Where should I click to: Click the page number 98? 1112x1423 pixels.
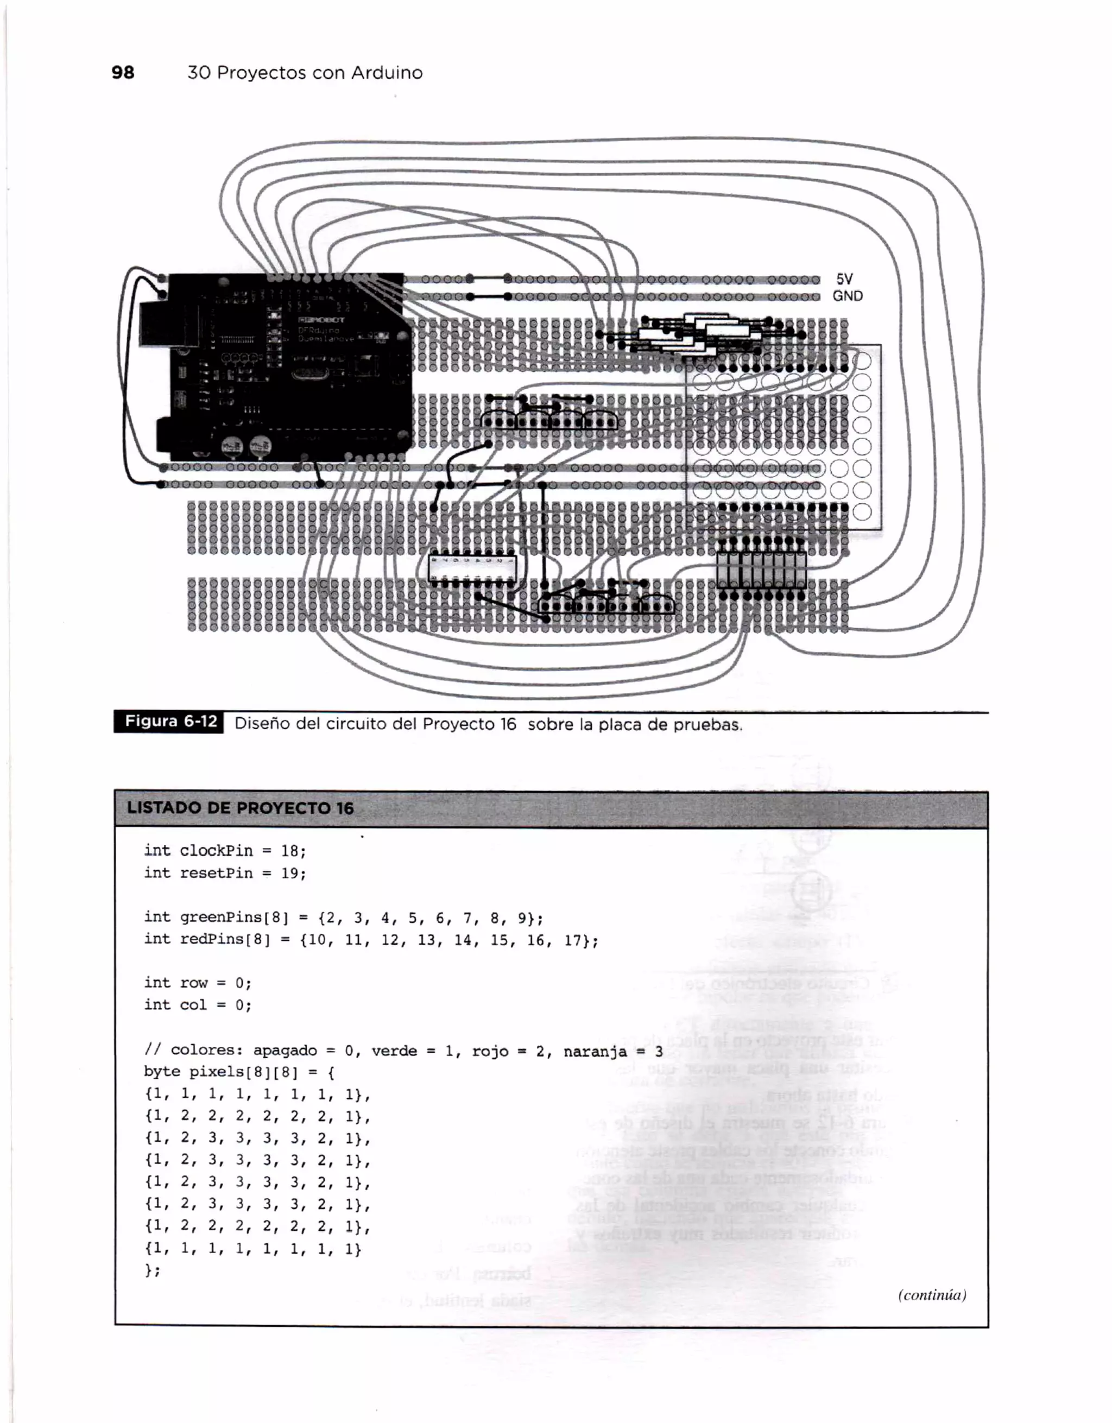point(123,72)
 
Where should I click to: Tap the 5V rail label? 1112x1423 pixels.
point(844,279)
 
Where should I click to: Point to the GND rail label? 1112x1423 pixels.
point(847,296)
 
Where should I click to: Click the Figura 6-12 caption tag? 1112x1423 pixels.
point(169,722)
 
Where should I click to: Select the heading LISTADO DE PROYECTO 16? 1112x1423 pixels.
point(240,808)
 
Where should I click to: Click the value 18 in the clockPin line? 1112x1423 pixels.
point(290,851)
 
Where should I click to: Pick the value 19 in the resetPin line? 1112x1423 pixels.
point(290,873)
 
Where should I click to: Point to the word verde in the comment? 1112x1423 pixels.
point(394,1051)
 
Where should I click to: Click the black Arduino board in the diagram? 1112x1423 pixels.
point(287,365)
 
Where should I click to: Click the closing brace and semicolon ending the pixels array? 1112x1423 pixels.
point(153,1270)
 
